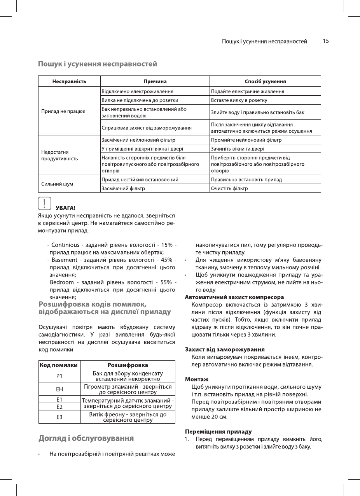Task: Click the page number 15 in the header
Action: (326, 41)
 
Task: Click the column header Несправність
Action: (69, 81)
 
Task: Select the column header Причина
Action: (155, 81)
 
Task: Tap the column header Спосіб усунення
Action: (265, 81)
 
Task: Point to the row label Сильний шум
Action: (57, 184)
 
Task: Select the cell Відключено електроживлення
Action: (137, 91)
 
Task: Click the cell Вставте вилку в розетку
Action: (239, 100)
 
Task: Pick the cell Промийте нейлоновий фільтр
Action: (246, 140)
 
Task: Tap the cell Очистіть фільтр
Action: (229, 189)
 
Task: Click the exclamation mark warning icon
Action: (45, 203)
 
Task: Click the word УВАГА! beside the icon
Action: (65, 207)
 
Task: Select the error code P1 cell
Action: (59, 376)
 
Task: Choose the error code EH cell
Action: (59, 389)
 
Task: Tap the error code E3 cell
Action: (59, 417)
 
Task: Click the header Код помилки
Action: (59, 365)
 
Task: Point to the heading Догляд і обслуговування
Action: (86, 438)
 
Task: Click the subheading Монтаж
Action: (197, 379)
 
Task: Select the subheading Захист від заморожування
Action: (225, 349)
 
